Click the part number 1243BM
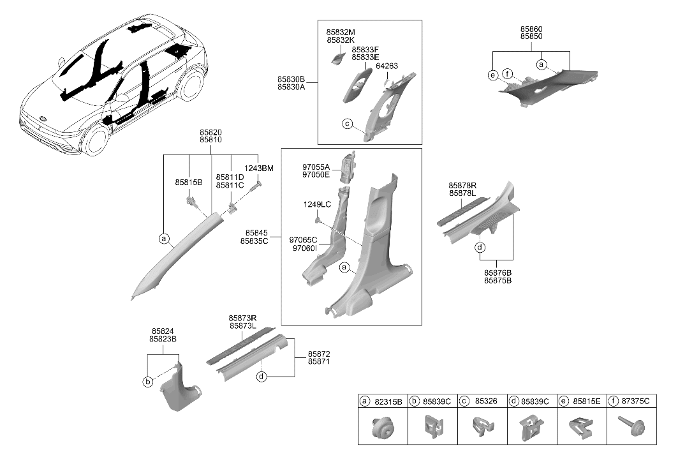click(258, 168)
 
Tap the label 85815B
click(189, 183)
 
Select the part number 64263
click(387, 66)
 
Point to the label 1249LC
click(317, 204)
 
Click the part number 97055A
click(316, 167)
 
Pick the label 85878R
click(462, 186)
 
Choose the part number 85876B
click(497, 273)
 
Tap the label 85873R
click(242, 318)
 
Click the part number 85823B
click(163, 340)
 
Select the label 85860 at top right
click(531, 29)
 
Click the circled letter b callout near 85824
click(148, 382)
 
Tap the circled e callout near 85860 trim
click(493, 75)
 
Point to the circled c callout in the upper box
click(347, 124)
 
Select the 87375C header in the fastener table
click(631, 401)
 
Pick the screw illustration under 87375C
click(631, 425)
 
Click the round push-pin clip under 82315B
click(383, 426)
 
